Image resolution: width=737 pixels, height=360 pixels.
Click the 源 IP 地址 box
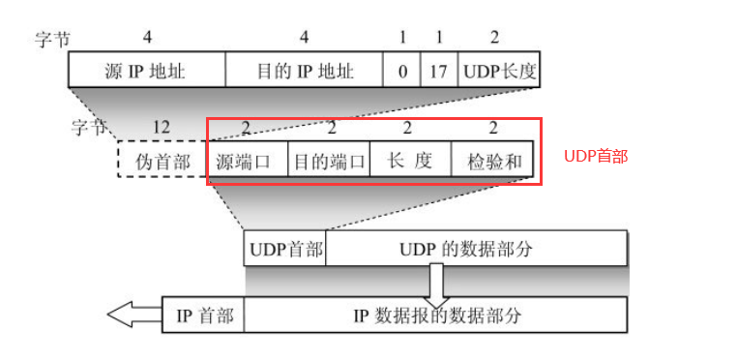coord(146,71)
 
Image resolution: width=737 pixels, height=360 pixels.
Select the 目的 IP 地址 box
coord(304,71)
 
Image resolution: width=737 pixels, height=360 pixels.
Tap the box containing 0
coord(401,71)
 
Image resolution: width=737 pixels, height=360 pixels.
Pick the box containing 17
coord(438,71)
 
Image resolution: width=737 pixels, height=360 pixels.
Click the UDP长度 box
coord(498,71)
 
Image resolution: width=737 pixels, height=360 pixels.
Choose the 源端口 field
coord(250,160)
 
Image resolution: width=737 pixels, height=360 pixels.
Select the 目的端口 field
coord(330,160)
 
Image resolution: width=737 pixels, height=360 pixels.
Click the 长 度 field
coord(410,160)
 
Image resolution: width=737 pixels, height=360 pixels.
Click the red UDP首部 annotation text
coord(596,156)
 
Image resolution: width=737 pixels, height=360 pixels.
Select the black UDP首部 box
coord(286,249)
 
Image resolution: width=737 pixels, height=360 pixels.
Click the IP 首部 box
coord(204,315)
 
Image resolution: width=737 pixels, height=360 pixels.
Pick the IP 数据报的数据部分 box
coord(435,315)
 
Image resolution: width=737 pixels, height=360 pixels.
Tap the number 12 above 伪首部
coord(162,127)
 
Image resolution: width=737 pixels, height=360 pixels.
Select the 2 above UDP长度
coord(496,38)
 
